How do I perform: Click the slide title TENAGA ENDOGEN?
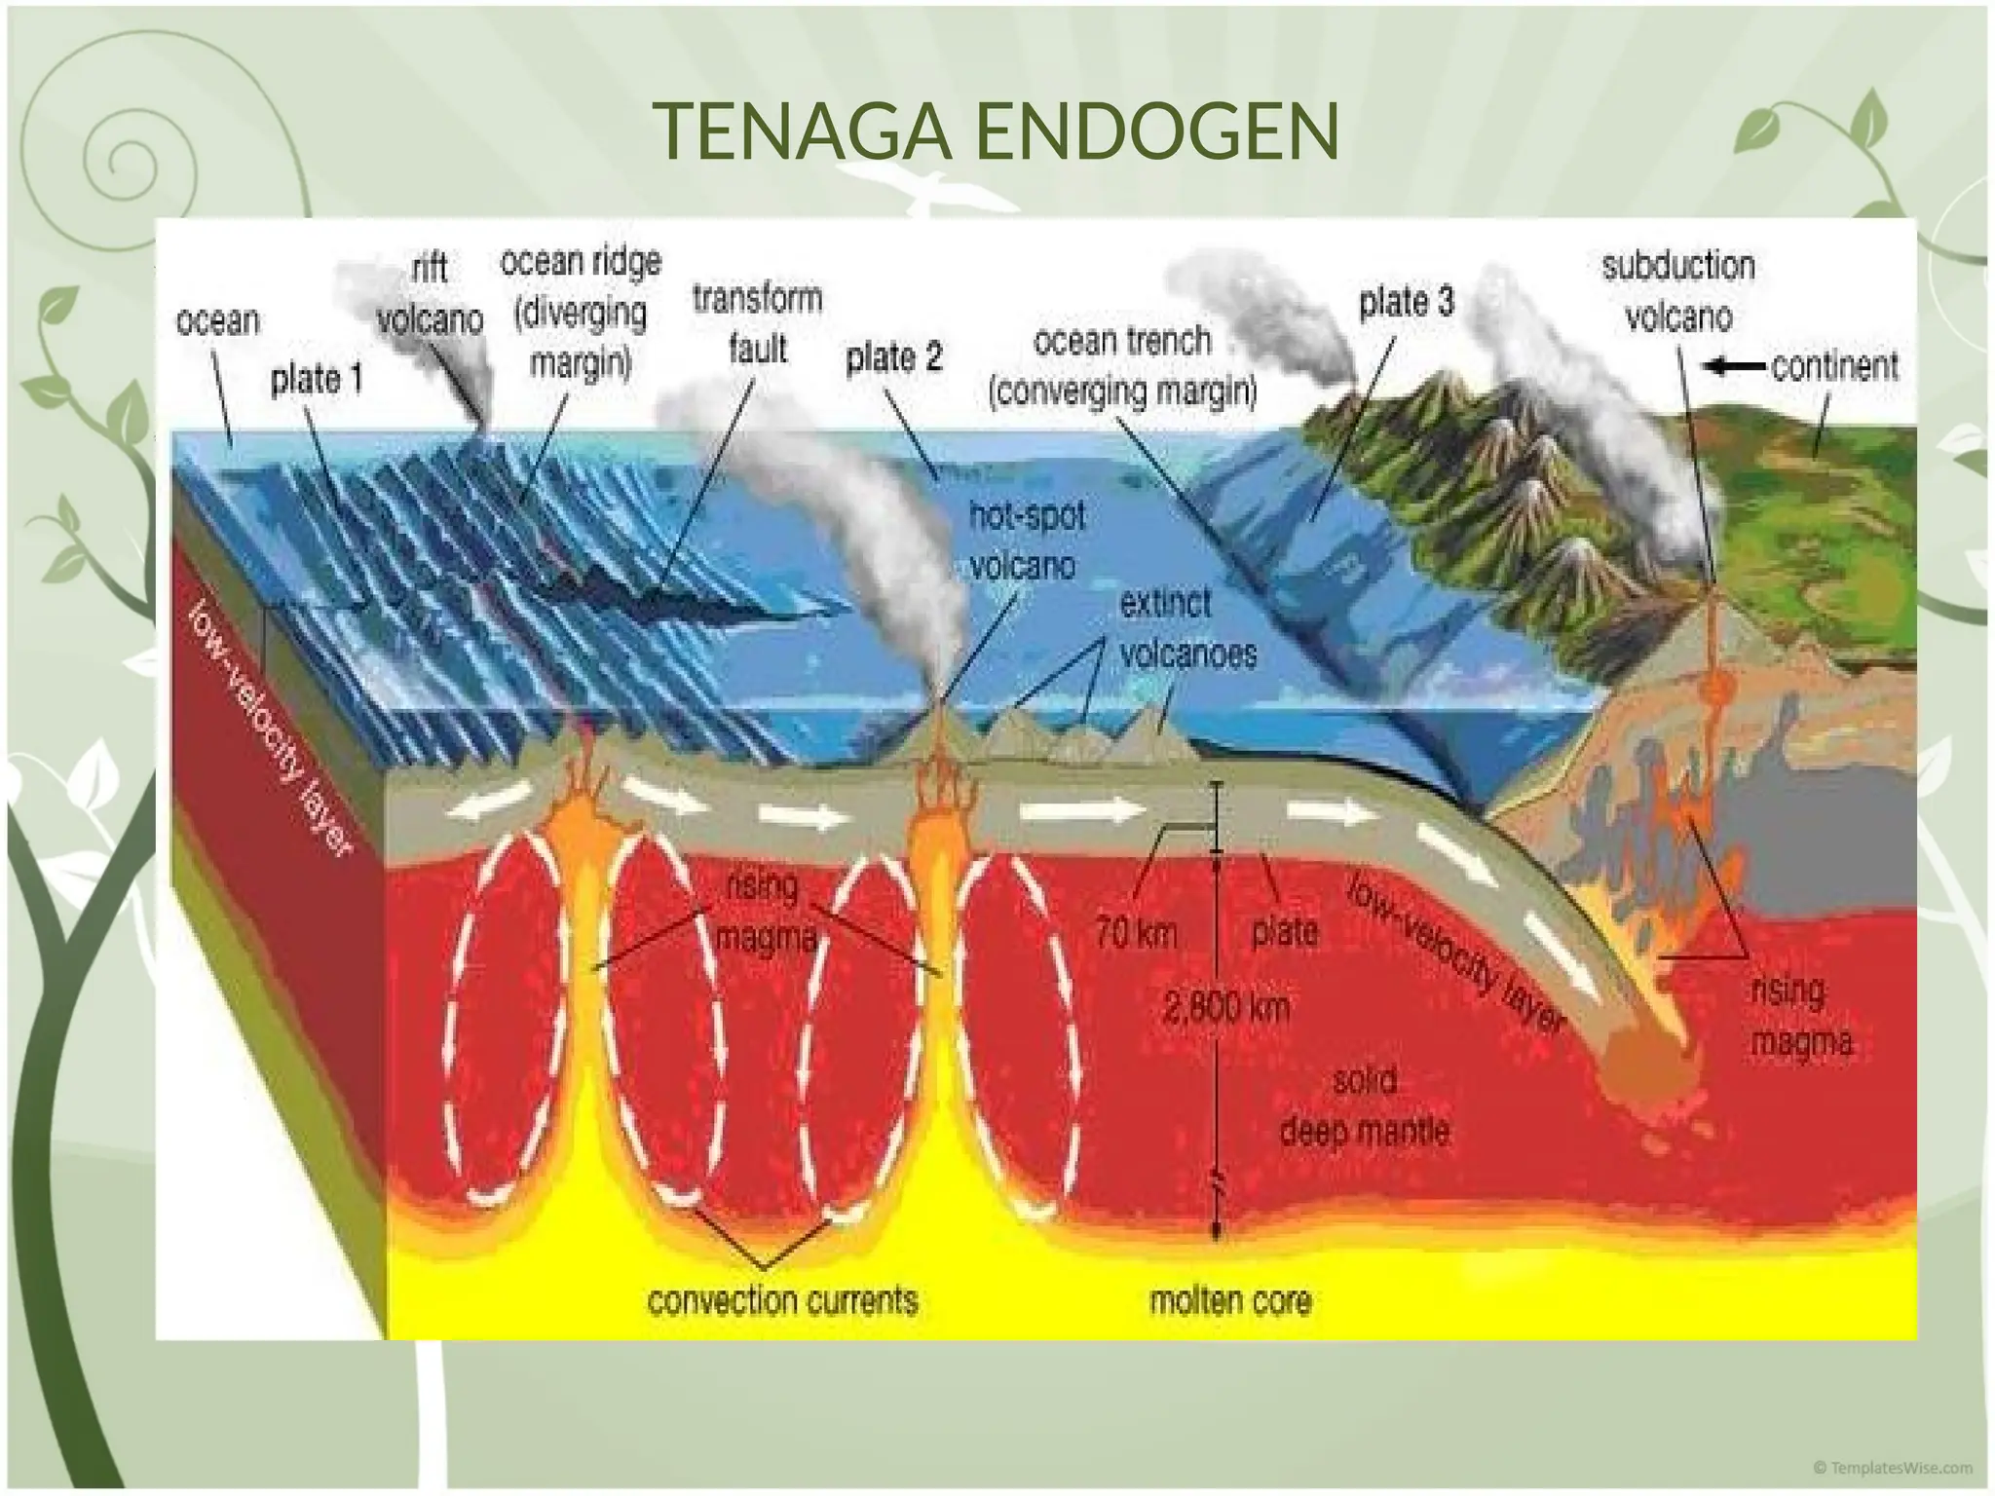[997, 131]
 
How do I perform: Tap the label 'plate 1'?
[317, 379]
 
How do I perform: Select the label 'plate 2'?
[894, 357]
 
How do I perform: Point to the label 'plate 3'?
[1406, 303]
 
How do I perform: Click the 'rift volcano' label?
[430, 293]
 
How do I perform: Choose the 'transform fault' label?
[758, 323]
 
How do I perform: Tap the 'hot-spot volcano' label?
[1026, 541]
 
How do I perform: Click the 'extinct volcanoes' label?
[1187, 629]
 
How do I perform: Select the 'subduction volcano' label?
[1677, 291]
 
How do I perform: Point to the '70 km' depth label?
[1136, 933]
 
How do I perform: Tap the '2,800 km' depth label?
[1226, 1007]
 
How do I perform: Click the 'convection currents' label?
[782, 1300]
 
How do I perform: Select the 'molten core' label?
[1230, 1300]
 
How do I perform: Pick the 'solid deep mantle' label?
[1364, 1106]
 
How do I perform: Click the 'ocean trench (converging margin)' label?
[1123, 366]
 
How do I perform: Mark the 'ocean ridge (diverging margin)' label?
[581, 313]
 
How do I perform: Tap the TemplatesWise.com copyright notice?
[1892, 1468]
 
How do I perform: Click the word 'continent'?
[1834, 366]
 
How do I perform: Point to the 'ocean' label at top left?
[218, 320]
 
